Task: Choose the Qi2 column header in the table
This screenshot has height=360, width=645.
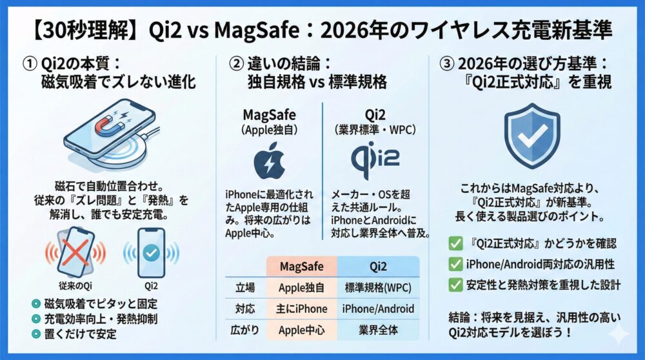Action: [x=379, y=266]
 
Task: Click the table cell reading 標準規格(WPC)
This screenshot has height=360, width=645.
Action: [x=379, y=287]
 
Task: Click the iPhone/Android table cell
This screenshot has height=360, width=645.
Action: [x=379, y=309]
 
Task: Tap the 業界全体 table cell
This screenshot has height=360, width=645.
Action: [x=379, y=331]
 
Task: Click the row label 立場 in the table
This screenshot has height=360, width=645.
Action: [x=241, y=287]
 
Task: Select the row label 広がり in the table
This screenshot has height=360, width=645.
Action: [x=241, y=331]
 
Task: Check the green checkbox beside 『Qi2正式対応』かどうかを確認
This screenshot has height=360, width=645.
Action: [x=455, y=244]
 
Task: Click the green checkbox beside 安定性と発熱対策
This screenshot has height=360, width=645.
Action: [x=455, y=284]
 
